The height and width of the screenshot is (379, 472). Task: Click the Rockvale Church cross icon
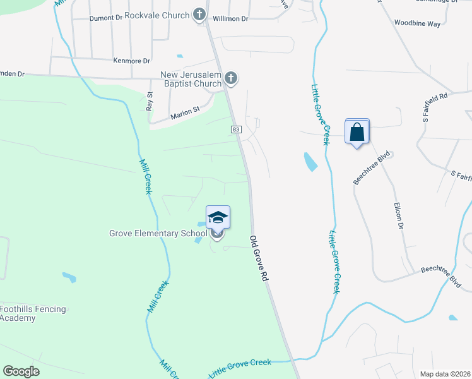[199, 15]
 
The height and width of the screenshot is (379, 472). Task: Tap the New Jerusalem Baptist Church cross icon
[232, 78]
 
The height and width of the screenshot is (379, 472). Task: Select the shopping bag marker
[357, 132]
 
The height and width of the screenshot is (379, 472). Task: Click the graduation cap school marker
[218, 218]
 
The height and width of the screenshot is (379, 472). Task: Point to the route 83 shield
[236, 129]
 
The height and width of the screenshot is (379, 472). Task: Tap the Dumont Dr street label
[105, 18]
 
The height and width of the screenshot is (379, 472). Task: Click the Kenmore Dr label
[132, 61]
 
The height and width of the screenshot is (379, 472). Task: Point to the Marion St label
[185, 113]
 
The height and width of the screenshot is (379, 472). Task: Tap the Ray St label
[150, 101]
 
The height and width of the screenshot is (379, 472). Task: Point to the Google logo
[21, 371]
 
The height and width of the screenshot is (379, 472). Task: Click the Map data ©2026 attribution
[445, 374]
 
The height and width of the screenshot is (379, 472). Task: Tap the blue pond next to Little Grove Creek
[310, 162]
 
